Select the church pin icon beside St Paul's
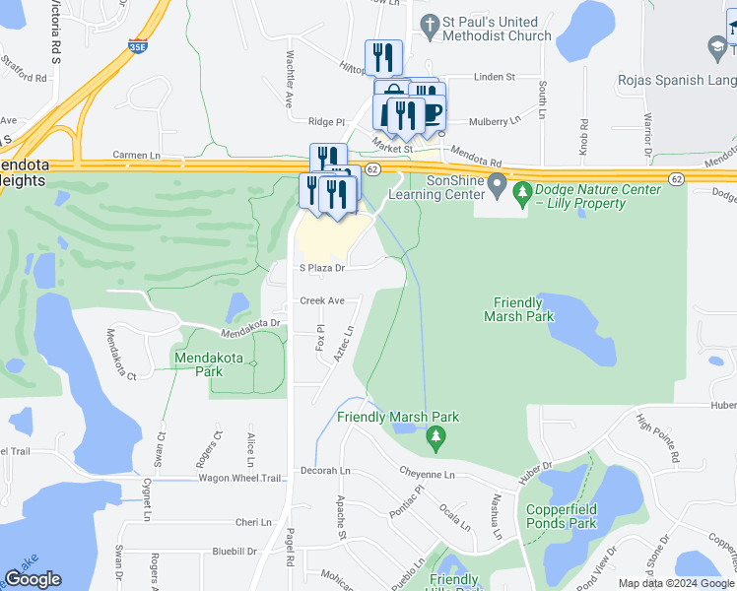tap(429, 22)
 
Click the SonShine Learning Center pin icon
tap(498, 184)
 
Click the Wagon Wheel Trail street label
tap(242, 478)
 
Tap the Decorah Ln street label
tap(325, 471)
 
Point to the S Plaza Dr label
tap(322, 267)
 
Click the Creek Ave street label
tap(321, 300)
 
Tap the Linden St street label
tap(495, 76)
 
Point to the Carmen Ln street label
tap(136, 156)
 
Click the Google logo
tap(33, 579)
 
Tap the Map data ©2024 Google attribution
tap(676, 583)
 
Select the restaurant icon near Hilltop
tap(383, 56)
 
